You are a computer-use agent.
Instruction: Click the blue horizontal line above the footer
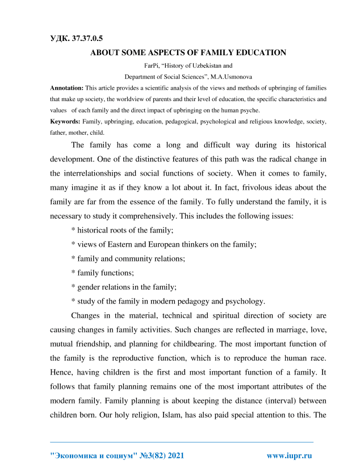click(x=182, y=442)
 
